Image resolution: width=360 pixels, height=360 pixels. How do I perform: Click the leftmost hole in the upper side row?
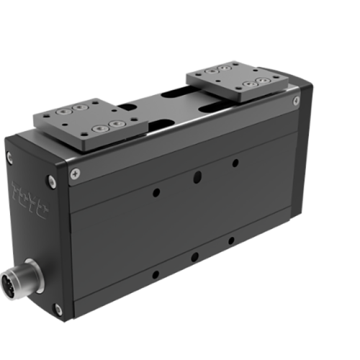[x=156, y=192]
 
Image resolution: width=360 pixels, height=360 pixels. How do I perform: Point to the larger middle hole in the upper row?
[x=197, y=176]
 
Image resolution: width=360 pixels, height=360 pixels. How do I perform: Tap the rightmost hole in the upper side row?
[x=235, y=163]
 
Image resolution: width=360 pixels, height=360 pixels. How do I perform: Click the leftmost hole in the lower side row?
[x=156, y=274]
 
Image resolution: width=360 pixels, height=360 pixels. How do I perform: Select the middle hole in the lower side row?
[x=195, y=256]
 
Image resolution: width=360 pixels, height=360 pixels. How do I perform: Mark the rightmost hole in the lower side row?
[x=231, y=240]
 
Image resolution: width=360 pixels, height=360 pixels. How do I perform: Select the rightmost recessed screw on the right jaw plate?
[x=256, y=84]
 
